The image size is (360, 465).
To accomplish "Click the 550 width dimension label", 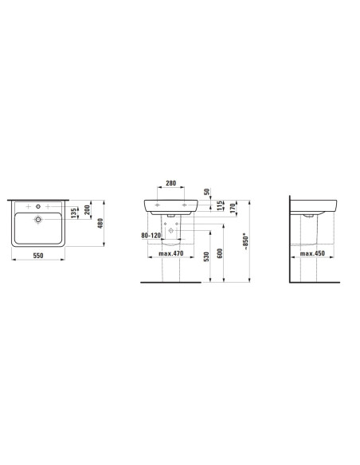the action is point(38,256).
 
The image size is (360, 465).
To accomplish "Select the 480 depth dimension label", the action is point(100,223).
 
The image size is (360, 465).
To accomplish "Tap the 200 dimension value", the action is point(87,210).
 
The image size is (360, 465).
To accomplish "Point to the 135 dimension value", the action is point(73,213).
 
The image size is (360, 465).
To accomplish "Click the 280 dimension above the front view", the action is point(170,183).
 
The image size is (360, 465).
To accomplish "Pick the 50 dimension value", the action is point(207,191).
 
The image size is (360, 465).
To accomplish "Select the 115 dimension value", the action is point(220,205).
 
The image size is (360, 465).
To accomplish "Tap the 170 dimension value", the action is point(233,209).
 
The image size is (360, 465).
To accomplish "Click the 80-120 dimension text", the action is point(151,235).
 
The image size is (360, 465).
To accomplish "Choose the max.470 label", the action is point(170,253).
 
